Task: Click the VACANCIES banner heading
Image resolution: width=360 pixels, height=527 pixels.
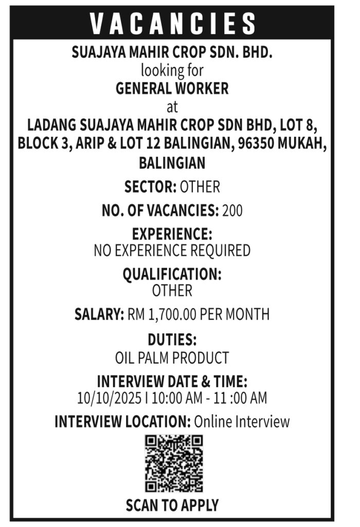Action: click(173, 23)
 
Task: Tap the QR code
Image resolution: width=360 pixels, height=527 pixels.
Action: click(173, 463)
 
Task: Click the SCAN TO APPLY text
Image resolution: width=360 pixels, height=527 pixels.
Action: click(172, 505)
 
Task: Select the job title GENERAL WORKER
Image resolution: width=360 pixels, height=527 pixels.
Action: click(172, 89)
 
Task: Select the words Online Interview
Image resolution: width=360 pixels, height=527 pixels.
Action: click(241, 422)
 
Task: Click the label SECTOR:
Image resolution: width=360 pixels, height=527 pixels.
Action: click(150, 187)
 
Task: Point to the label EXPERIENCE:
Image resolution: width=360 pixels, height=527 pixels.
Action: click(172, 234)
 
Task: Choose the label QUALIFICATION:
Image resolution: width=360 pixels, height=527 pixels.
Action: click(172, 274)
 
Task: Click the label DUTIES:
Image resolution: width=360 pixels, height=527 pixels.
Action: click(172, 340)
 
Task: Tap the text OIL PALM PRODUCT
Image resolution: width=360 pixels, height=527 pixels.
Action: click(172, 357)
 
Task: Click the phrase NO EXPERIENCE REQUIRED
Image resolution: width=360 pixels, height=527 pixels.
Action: click(172, 251)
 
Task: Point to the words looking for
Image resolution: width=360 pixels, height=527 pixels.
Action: click(172, 69)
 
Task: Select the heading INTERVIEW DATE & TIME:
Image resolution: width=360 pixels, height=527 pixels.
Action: click(172, 382)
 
